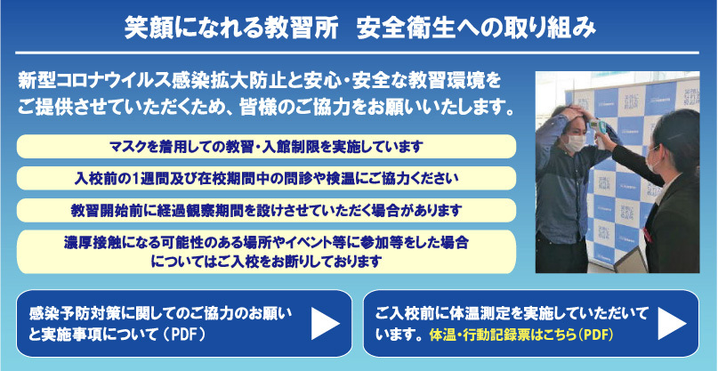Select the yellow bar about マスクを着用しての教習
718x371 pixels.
pos(267,147)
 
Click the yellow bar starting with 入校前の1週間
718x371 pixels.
pos(267,178)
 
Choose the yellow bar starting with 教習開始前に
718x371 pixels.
pos(267,210)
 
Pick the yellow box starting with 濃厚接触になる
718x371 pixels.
pos(267,252)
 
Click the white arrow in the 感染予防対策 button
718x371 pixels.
pos(325,324)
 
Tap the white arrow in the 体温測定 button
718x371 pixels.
pos(673,324)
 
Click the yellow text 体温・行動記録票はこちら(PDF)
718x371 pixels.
pos(521,335)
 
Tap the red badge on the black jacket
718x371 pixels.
pos(647,235)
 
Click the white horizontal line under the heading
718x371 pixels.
pos(357,53)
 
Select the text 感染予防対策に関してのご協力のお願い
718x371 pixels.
pos(160,314)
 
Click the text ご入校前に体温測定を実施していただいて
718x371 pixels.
pos(512,314)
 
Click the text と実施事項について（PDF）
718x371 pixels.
pos(117,335)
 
